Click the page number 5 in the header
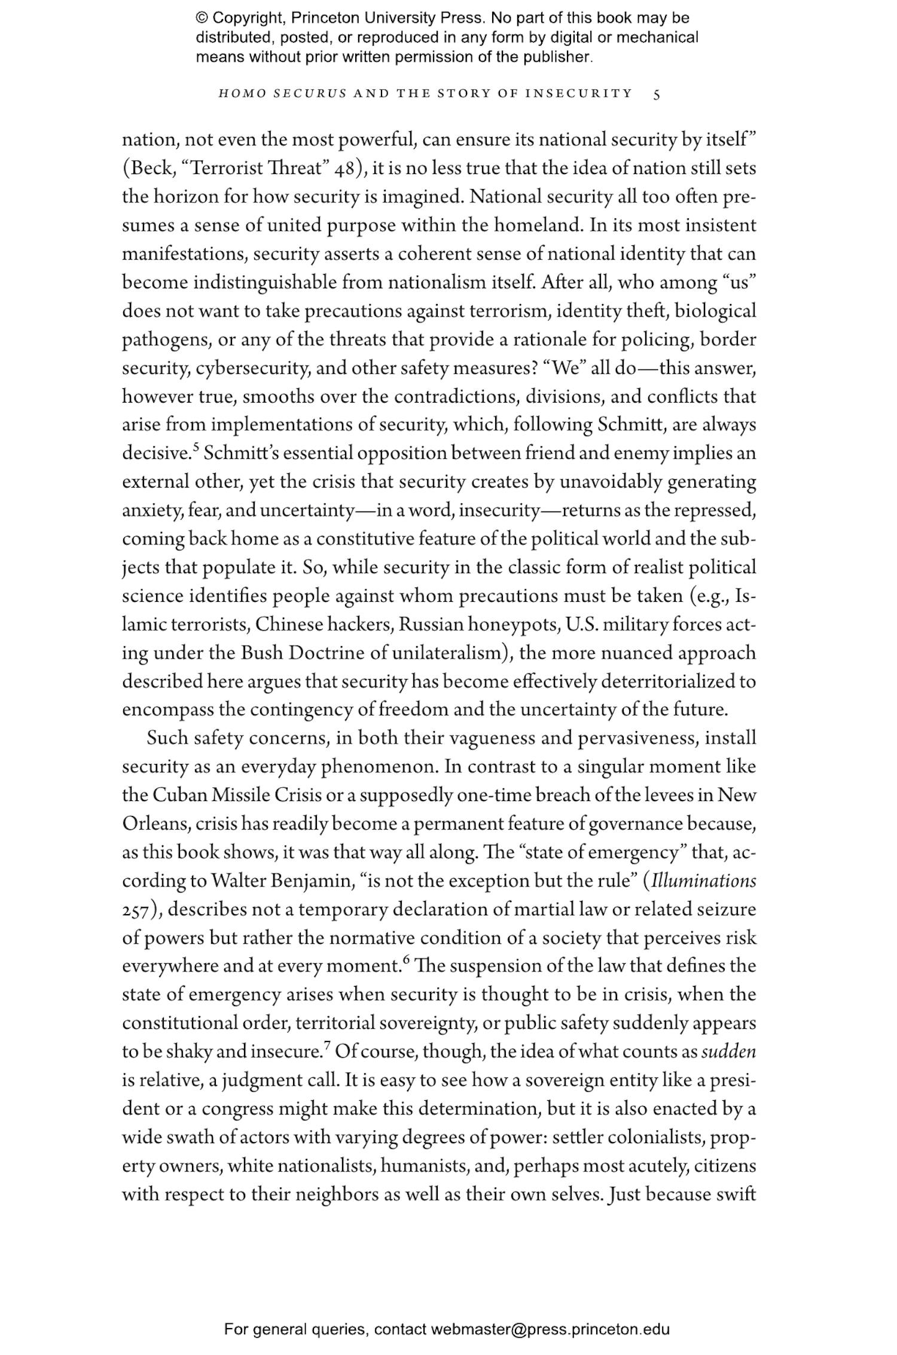tap(657, 94)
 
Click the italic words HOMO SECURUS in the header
tap(282, 93)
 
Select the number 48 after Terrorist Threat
tap(345, 169)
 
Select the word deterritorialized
tap(670, 682)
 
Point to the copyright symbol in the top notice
tap(202, 18)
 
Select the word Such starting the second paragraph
tap(167, 739)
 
